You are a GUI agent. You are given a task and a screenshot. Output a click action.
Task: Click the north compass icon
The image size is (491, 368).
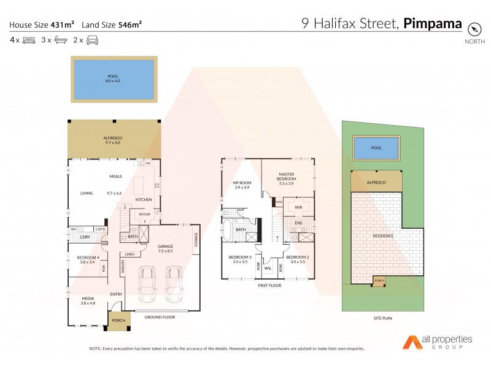coord(473,29)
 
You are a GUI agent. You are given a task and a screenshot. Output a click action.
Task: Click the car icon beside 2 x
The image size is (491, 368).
coord(92,40)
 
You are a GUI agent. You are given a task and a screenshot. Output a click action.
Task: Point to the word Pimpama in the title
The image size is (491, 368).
coord(433,25)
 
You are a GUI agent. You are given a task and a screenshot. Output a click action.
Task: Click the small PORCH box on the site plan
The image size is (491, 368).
coord(378,281)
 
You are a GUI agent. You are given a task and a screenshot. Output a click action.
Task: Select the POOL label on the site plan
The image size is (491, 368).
coord(376,148)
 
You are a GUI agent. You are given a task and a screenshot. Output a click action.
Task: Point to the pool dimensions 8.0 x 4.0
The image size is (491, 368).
coord(113,81)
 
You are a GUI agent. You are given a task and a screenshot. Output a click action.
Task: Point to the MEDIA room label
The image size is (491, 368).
coord(88,298)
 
